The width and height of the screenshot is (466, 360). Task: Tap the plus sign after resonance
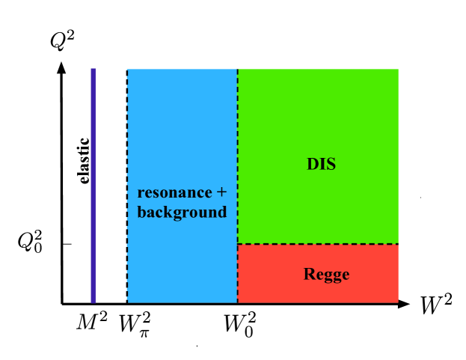[221, 192]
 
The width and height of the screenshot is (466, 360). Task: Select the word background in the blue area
[182, 213]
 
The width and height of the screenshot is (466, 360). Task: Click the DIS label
[321, 165]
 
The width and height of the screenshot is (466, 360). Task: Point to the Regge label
[326, 275]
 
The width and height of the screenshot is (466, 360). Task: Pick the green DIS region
[318, 120]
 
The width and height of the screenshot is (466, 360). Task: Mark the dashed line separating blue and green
[238, 150]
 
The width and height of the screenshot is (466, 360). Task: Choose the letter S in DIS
[331, 165]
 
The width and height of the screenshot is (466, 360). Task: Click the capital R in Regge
[309, 275]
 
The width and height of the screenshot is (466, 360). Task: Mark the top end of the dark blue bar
[93, 70]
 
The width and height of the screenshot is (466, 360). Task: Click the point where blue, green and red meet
[238, 244]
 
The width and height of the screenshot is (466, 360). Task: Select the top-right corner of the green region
[397, 70]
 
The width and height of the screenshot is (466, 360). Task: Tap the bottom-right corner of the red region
[397, 302]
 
